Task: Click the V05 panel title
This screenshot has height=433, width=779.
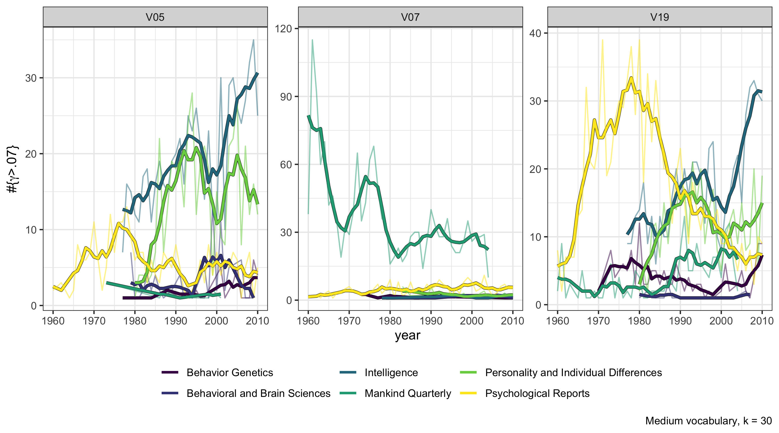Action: coord(155,17)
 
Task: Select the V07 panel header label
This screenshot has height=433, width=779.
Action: coord(410,17)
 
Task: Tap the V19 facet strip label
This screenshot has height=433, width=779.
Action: coord(660,17)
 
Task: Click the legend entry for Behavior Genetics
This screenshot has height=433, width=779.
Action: coord(230,372)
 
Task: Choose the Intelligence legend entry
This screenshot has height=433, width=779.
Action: coord(391,372)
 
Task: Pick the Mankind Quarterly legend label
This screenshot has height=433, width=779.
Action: coord(408,393)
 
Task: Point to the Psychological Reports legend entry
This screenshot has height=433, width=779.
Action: coord(537,393)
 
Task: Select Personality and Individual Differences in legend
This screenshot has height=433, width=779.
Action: coord(573,372)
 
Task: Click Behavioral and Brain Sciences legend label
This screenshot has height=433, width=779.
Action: coord(258,393)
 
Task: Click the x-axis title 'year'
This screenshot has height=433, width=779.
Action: coord(407,335)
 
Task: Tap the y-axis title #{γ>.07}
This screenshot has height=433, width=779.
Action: coord(13,169)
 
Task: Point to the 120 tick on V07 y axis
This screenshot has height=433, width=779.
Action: coord(283,29)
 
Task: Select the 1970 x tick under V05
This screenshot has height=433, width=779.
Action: coord(94,321)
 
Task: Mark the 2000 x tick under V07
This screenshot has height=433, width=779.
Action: coord(471,321)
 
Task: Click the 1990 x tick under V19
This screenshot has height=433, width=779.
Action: coord(680,321)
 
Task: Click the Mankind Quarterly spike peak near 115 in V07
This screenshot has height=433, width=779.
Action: coord(312,40)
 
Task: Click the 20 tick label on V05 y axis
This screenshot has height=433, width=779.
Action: coord(31,154)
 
